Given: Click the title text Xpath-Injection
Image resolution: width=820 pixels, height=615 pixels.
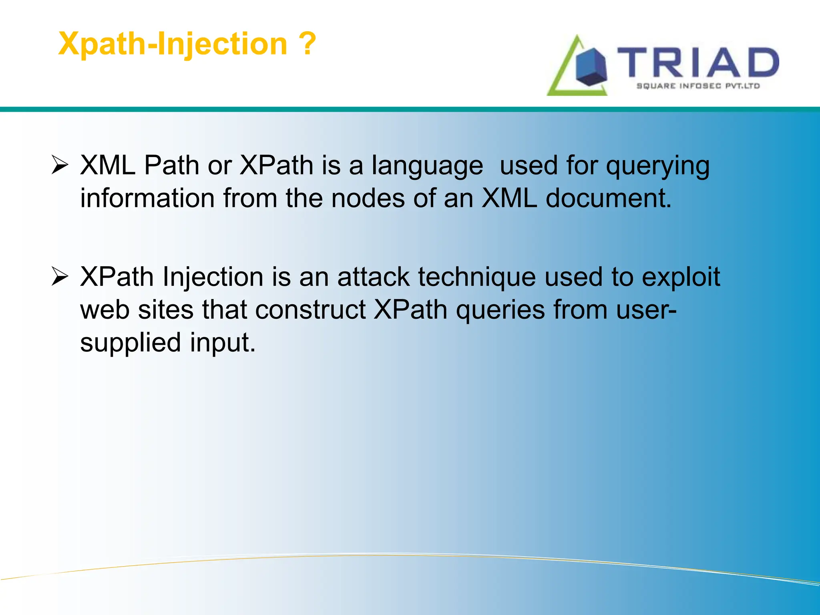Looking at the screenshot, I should tap(173, 44).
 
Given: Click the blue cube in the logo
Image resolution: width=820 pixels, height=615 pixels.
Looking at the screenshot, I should tap(591, 67).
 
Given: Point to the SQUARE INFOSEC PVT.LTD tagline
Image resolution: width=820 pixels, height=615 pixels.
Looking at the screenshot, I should tap(698, 86).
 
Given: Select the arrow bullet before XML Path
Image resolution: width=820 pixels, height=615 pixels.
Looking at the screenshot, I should tap(60, 165).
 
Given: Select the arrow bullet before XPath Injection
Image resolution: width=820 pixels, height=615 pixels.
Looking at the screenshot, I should tap(60, 277).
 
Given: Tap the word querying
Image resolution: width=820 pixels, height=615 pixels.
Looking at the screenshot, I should tap(657, 166).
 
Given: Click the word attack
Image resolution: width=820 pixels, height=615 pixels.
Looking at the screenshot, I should tap(373, 277).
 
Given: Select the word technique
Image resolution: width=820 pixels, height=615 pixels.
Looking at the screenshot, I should tap(476, 277).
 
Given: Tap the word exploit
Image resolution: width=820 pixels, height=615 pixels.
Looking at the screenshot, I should tap(681, 277).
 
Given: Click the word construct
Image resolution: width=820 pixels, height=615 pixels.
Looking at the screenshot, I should tap(310, 310).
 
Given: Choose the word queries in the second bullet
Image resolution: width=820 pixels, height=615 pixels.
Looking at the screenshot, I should tap(500, 310).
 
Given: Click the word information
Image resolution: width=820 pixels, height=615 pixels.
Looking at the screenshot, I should tap(147, 198).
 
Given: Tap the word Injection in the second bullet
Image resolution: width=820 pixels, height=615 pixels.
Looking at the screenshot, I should tap(213, 277).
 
